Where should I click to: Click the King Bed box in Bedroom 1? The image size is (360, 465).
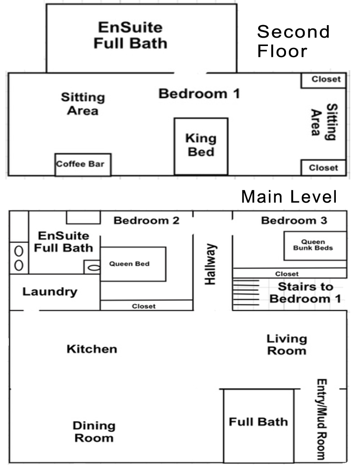[x=201, y=146]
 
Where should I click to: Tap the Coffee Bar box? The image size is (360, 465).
[x=83, y=164]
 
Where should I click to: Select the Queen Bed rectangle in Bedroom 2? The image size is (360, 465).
[x=133, y=264]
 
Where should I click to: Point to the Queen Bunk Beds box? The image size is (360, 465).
[x=315, y=246]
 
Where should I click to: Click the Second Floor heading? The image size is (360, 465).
[x=293, y=41]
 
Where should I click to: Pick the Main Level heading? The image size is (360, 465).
[x=289, y=197]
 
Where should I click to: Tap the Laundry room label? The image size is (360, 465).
[x=50, y=292]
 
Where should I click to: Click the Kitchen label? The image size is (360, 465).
[x=92, y=349]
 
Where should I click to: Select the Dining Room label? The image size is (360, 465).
[x=94, y=432]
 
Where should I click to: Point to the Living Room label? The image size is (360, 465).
[x=287, y=345]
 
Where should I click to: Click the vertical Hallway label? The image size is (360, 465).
[x=211, y=264]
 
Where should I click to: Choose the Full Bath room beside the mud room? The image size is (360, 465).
[x=259, y=425]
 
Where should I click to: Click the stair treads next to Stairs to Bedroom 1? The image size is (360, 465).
[x=246, y=292]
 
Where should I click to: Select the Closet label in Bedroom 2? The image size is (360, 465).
[x=144, y=306]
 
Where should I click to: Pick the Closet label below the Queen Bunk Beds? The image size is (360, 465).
[x=287, y=274]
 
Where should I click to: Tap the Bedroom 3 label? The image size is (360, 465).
[x=294, y=220]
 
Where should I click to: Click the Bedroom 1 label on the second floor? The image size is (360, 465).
[x=199, y=94]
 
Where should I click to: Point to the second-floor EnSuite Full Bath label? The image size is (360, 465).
[x=130, y=35]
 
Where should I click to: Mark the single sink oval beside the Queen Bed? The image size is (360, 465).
[x=94, y=268]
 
